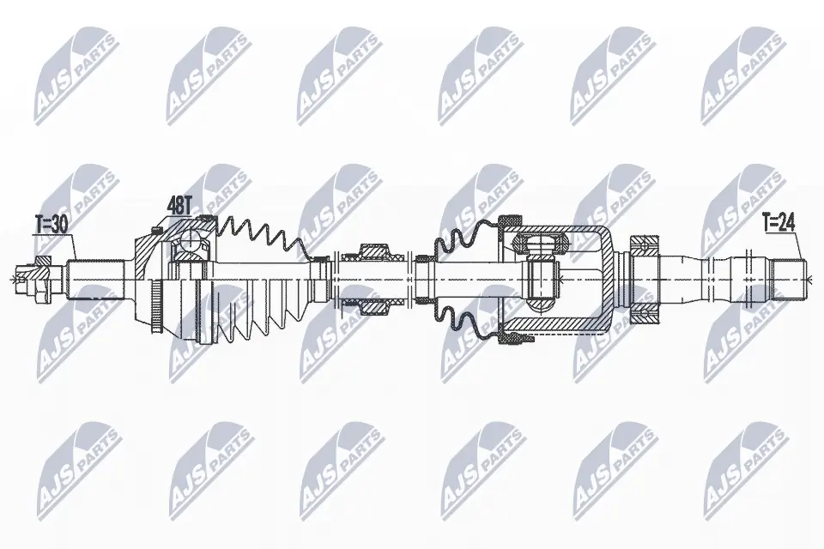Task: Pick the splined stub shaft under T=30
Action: click(x=94, y=277)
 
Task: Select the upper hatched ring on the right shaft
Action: click(x=644, y=246)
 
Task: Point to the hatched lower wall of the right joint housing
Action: click(x=558, y=326)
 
